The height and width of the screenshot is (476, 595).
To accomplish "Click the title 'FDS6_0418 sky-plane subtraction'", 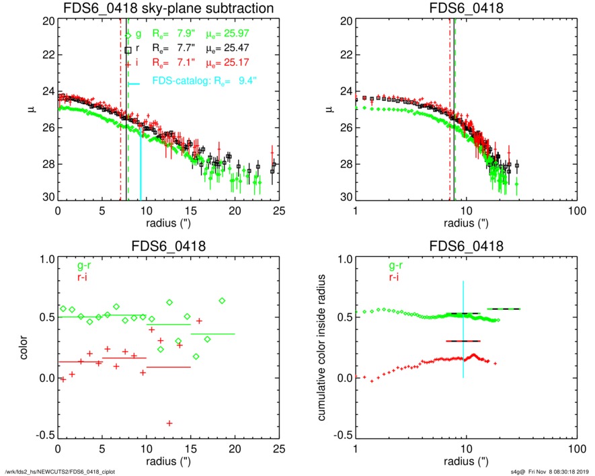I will point(168,8).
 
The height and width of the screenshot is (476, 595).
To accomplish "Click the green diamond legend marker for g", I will point(128,35).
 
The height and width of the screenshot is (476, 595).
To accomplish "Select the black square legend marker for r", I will point(128,50).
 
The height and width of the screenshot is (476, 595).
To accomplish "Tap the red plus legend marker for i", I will point(128,65).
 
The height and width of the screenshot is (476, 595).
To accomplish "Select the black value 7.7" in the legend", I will point(181,49).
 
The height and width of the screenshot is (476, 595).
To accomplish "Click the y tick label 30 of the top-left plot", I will point(48,198).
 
